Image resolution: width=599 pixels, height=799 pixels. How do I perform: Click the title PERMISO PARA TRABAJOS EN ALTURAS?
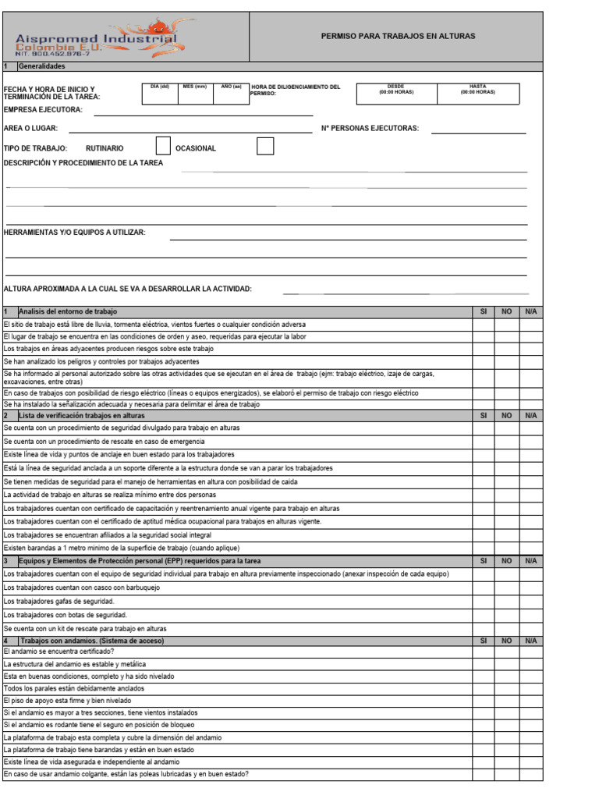[x=398, y=36]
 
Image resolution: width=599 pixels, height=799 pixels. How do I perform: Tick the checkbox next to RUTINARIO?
[x=163, y=146]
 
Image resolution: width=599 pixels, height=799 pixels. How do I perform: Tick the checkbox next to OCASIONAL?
[x=265, y=146]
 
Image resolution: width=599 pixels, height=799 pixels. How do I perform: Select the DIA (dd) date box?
[x=158, y=93]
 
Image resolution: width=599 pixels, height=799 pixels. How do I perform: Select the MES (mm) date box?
[x=194, y=93]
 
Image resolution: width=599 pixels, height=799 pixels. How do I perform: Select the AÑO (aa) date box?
[x=230, y=93]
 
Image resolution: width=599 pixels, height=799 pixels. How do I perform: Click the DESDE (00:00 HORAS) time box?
[x=395, y=93]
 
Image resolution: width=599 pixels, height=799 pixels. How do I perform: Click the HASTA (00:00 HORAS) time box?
[x=477, y=93]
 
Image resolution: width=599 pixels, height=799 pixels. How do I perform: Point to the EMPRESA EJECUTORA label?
[x=43, y=110]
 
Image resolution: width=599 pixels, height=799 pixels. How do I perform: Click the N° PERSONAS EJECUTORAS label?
[x=370, y=128]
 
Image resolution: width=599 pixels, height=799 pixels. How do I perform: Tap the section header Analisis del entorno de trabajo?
[x=68, y=311]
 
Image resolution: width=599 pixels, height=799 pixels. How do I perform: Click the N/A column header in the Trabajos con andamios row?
[x=531, y=641]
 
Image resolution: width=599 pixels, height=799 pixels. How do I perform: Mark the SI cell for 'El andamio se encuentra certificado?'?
[x=483, y=652]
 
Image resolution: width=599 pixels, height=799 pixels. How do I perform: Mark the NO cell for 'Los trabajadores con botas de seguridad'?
[x=506, y=615]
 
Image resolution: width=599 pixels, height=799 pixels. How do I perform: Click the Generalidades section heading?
[x=42, y=66]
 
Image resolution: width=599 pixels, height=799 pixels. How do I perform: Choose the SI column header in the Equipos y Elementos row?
[x=483, y=561]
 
